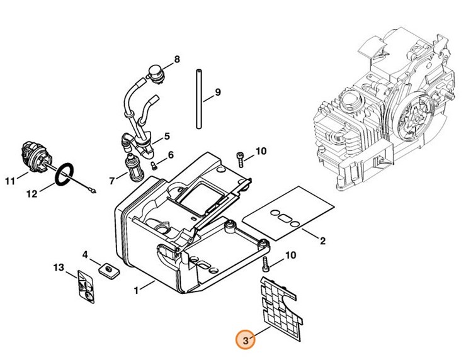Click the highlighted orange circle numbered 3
click(x=246, y=340)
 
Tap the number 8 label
click(x=177, y=59)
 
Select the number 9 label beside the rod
click(x=218, y=92)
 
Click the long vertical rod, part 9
click(x=199, y=99)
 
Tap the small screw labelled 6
click(x=154, y=166)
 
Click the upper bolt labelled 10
click(x=240, y=159)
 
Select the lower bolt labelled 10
click(x=265, y=264)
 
